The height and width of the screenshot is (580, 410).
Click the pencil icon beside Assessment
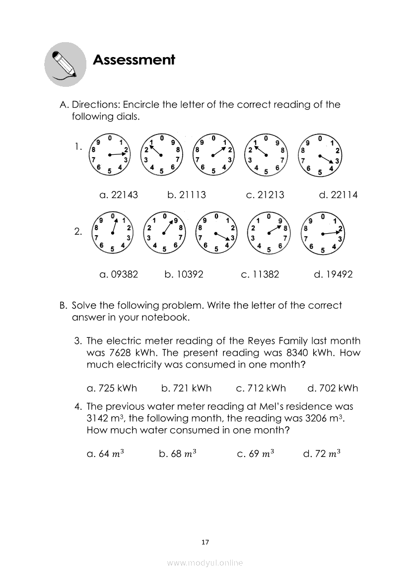click(x=65, y=64)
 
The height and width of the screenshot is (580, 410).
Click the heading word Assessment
click(x=134, y=61)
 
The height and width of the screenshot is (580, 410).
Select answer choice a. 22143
click(x=119, y=195)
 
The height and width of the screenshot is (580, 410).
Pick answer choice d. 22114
click(x=338, y=195)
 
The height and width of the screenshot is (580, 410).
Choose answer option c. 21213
click(x=265, y=195)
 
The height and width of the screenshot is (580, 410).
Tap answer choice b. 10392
click(x=184, y=274)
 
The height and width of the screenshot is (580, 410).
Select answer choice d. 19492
click(x=334, y=274)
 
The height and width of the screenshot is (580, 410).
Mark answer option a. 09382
click(x=119, y=274)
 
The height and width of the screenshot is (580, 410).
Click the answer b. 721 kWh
click(x=187, y=388)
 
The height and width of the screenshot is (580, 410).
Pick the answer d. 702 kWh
click(x=333, y=388)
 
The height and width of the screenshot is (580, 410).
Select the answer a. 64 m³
click(x=105, y=453)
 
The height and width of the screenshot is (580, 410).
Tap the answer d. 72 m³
click(x=322, y=453)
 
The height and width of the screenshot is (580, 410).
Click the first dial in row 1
click(x=109, y=155)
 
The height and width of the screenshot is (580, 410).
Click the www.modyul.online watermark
click(x=205, y=563)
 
